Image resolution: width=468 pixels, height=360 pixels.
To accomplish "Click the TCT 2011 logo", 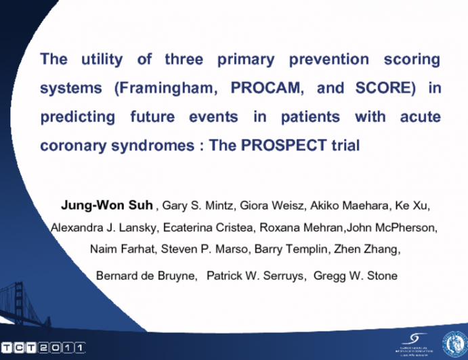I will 43,347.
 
